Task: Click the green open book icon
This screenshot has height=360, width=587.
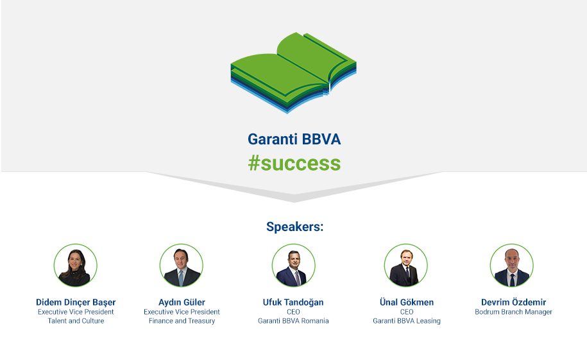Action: pos(294,73)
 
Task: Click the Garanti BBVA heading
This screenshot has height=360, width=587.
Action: pos(294,139)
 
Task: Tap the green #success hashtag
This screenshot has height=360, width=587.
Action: pos(294,164)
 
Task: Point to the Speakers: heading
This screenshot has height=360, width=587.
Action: pos(294,227)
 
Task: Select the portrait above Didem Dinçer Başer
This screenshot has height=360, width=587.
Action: pos(76,265)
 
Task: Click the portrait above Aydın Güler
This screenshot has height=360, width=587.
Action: pos(182,265)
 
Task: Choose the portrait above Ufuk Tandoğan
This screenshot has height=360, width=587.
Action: pos(294,265)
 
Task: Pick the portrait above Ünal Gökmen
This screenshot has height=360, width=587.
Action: pos(406,265)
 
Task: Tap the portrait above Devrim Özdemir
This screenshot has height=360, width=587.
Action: pos(512,265)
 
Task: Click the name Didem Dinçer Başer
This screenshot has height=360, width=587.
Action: pos(76,302)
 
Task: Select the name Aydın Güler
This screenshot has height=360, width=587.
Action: pos(182,302)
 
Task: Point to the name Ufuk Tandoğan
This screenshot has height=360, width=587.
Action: pos(293,302)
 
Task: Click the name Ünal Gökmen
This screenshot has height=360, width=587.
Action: pos(407,302)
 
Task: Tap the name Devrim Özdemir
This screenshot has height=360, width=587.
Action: pos(513,302)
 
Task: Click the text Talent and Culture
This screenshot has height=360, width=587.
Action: pos(76,321)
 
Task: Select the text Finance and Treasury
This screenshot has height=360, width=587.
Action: pos(182,321)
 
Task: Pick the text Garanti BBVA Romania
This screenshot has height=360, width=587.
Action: pos(294,321)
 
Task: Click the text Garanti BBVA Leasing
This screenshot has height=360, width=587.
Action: pos(407,321)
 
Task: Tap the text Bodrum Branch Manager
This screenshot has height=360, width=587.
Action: pos(513,312)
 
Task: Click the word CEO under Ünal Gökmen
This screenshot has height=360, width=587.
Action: pos(407,312)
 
